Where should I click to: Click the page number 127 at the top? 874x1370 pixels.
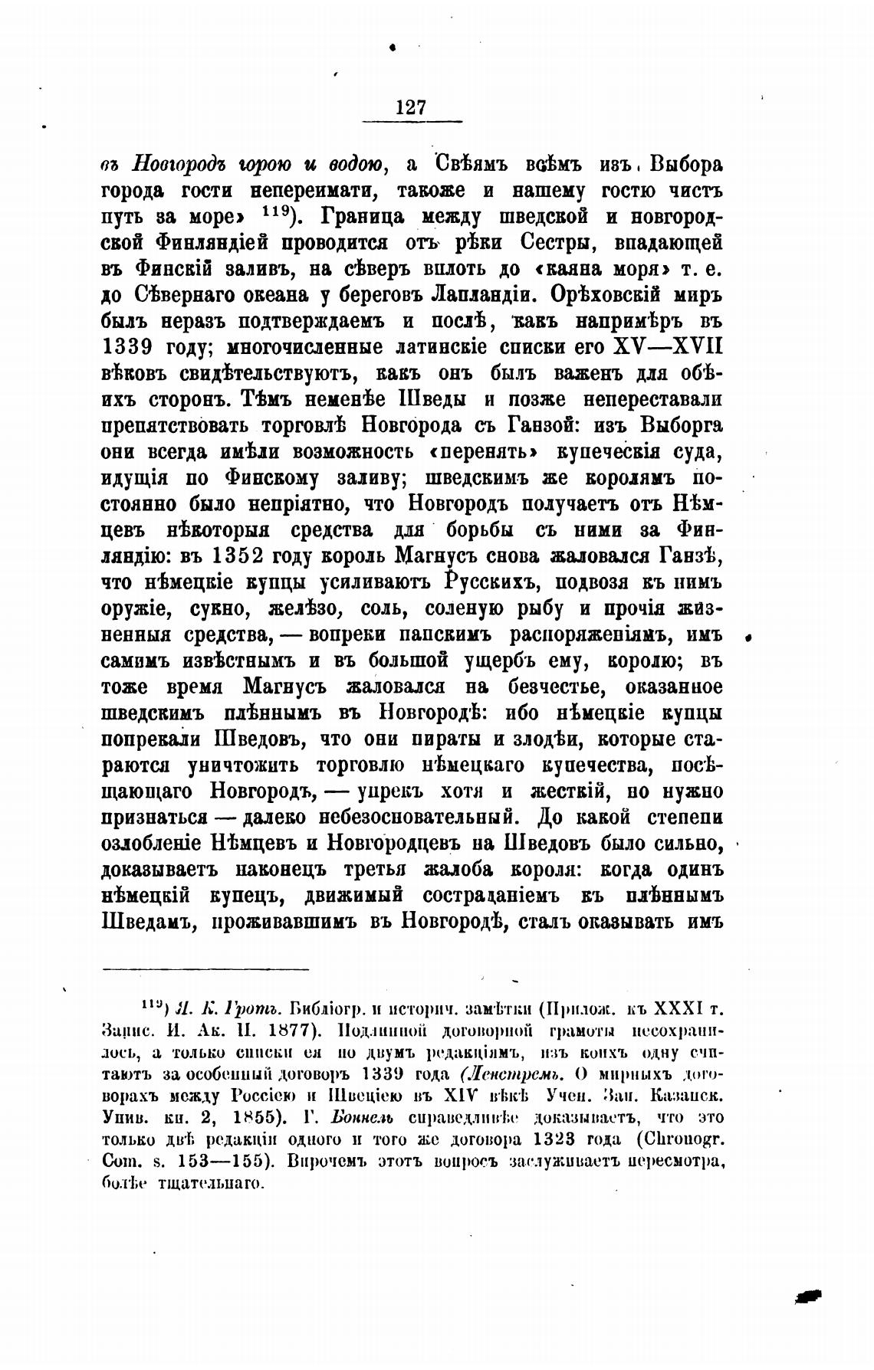click(x=411, y=107)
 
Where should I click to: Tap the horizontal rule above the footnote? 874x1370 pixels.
click(x=205, y=969)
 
